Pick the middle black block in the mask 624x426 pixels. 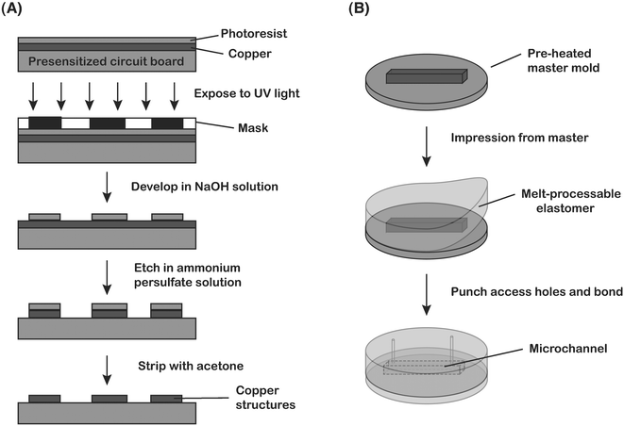coord(107,123)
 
